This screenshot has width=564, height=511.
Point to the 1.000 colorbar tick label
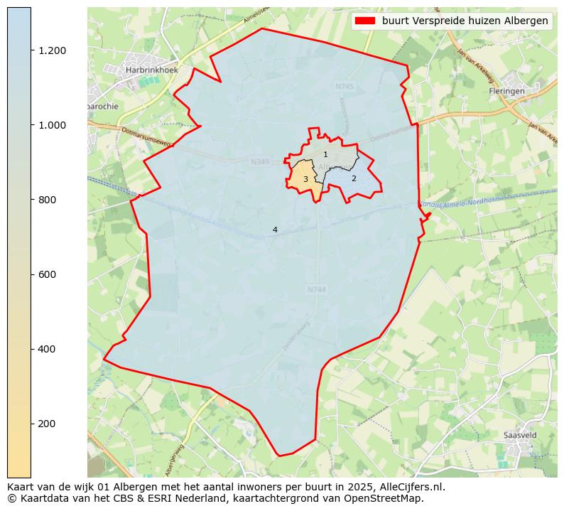pyautogui.click(x=52, y=125)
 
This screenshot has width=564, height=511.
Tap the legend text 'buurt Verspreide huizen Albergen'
pyautogui.click(x=465, y=21)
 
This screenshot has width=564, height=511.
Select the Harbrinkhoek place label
pyautogui.click(x=151, y=70)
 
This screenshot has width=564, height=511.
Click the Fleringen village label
pyautogui.click(x=507, y=91)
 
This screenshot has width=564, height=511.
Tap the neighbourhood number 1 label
pyautogui.click(x=325, y=154)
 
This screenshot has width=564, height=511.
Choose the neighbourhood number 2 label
pyautogui.click(x=354, y=178)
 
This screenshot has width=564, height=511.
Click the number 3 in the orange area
pyautogui.click(x=305, y=179)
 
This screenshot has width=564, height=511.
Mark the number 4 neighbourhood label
pyautogui.click(x=275, y=230)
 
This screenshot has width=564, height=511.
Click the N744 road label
pyautogui.click(x=317, y=289)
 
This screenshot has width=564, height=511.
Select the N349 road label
pyautogui.click(x=260, y=162)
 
